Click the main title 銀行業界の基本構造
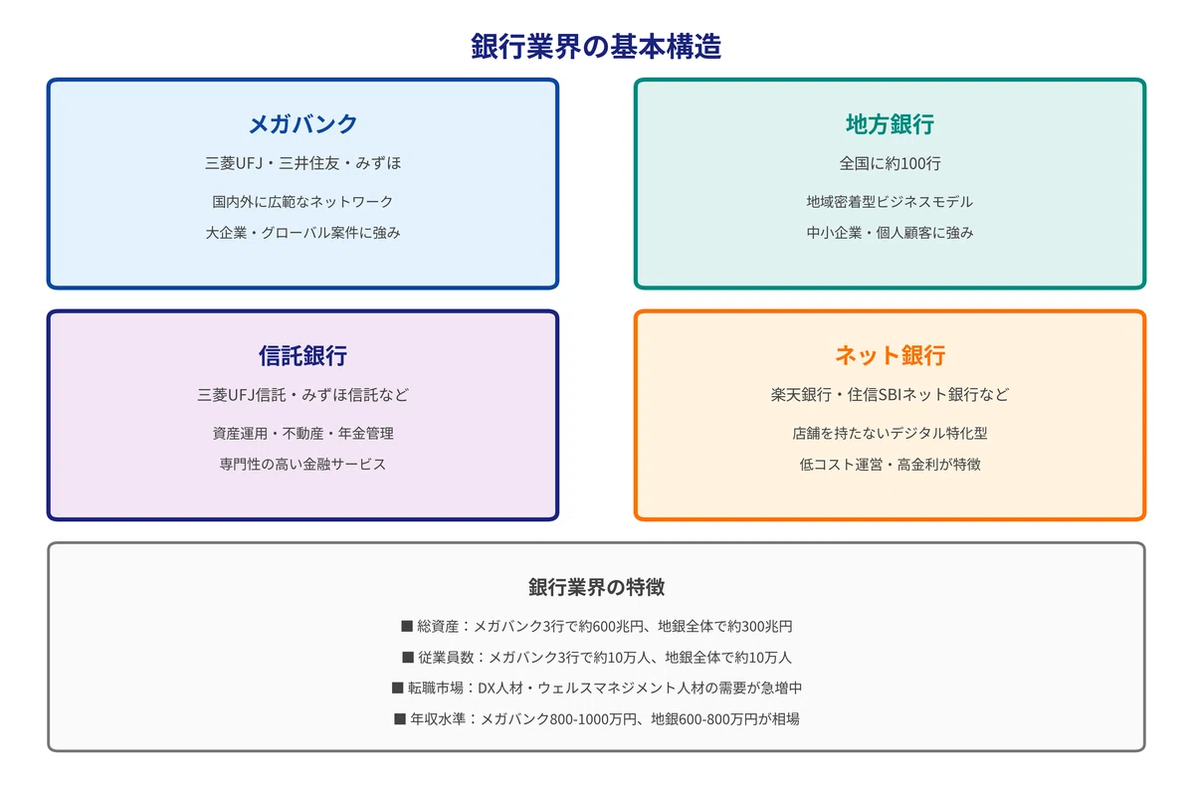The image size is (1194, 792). [596, 46]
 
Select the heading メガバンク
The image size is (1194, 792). [302, 124]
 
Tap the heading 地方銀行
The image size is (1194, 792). [890, 124]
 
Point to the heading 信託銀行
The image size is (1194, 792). [302, 355]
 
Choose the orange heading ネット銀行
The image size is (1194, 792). [890, 355]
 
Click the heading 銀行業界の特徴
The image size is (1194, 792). [596, 587]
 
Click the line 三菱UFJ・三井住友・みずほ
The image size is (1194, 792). [302, 163]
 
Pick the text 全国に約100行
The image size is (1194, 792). [890, 163]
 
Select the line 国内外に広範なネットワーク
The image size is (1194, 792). [302, 201]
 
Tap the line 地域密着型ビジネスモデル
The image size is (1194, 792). [890, 201]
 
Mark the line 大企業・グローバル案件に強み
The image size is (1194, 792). [302, 233]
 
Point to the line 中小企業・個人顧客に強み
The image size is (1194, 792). [890, 233]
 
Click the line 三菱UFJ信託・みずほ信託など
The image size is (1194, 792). [302, 394]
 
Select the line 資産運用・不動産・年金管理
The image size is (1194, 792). [302, 433]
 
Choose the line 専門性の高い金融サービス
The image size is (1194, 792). [302, 464]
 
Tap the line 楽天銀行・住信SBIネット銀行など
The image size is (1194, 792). [890, 394]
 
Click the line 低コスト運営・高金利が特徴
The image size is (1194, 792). [890, 464]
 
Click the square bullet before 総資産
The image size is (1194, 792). [407, 626]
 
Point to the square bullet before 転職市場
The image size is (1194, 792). [397, 689]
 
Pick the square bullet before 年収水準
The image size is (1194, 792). [400, 719]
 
